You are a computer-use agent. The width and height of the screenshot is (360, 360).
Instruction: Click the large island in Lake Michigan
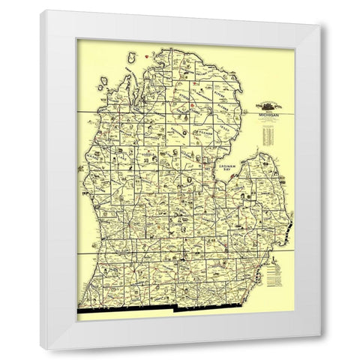(134, 58)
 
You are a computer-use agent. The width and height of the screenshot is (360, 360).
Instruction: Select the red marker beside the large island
(158, 54)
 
